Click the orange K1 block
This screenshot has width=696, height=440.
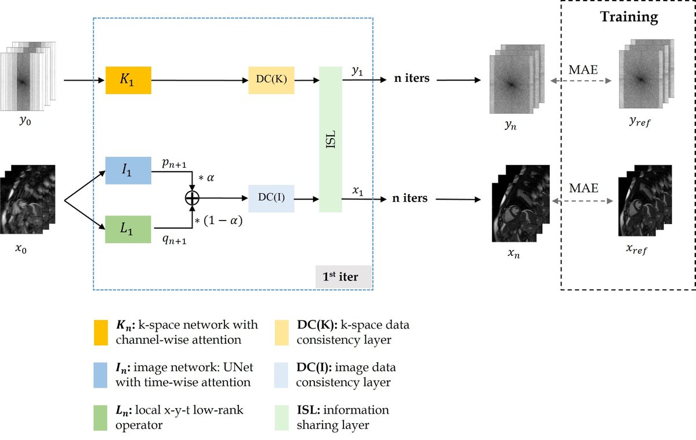pos(128,80)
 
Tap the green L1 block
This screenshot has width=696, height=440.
pos(128,230)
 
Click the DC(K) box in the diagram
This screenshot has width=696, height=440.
pos(271,80)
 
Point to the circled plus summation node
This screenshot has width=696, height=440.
pos(191,199)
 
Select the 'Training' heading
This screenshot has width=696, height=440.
pos(629,17)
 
